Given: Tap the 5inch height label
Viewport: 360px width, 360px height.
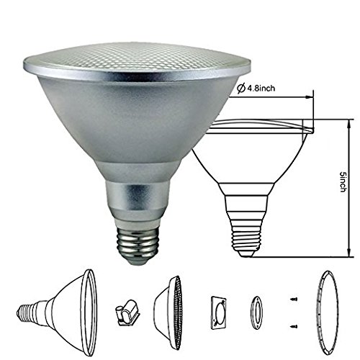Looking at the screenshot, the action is click(x=343, y=181).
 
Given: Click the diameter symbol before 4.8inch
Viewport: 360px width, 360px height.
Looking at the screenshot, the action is click(x=240, y=89).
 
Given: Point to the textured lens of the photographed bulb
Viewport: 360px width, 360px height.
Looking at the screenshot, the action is click(x=137, y=58).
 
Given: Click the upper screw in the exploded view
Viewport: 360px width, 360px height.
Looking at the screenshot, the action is click(x=293, y=299).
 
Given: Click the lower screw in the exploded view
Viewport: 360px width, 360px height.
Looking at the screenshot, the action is click(x=294, y=326).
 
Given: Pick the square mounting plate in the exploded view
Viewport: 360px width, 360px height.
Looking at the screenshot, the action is click(x=219, y=312).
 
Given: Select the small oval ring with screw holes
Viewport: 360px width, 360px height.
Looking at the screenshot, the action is click(x=256, y=312).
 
